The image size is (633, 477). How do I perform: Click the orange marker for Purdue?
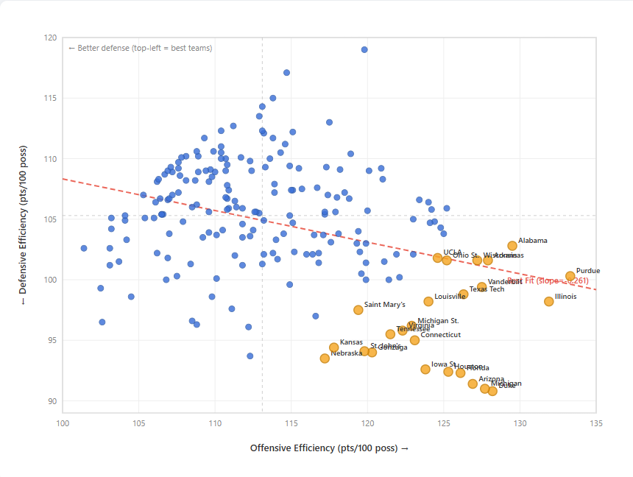point(570,276)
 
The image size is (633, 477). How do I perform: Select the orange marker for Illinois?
point(549,301)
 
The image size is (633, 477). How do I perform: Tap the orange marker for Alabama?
point(512,246)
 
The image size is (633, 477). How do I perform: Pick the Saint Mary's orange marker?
point(358,310)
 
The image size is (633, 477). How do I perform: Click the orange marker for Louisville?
point(428,301)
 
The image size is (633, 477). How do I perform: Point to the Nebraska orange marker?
point(325,358)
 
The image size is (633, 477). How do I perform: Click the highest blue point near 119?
point(364,50)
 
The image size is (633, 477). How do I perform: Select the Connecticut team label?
point(440,335)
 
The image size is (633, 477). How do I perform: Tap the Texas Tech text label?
point(487,289)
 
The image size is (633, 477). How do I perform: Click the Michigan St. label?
point(438,321)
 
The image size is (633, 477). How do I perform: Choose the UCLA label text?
point(452,252)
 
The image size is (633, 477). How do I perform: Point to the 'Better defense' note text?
point(140,49)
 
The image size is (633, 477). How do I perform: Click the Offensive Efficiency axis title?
point(329,448)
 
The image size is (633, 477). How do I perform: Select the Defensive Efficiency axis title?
point(21,222)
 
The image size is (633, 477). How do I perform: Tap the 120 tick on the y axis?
point(50,38)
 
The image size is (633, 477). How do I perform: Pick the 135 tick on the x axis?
point(596,423)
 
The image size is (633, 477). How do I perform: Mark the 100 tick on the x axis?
point(63,423)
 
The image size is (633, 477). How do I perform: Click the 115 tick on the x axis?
point(291,423)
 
